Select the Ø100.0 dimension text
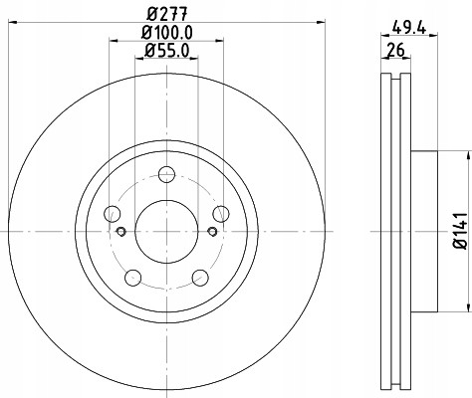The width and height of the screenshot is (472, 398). [166, 33]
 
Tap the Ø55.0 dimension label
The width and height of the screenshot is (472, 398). [165, 50]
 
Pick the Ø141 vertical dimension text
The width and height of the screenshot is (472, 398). [459, 230]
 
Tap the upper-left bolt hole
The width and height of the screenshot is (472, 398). [112, 214]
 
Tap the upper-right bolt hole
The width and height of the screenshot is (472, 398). [219, 214]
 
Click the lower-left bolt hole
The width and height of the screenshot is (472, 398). [132, 277]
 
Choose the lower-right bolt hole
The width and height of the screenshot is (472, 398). [199, 277]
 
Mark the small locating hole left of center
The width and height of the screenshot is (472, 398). [120, 233]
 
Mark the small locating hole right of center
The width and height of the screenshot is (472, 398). [211, 233]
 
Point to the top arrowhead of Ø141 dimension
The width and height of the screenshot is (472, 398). [466, 155]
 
